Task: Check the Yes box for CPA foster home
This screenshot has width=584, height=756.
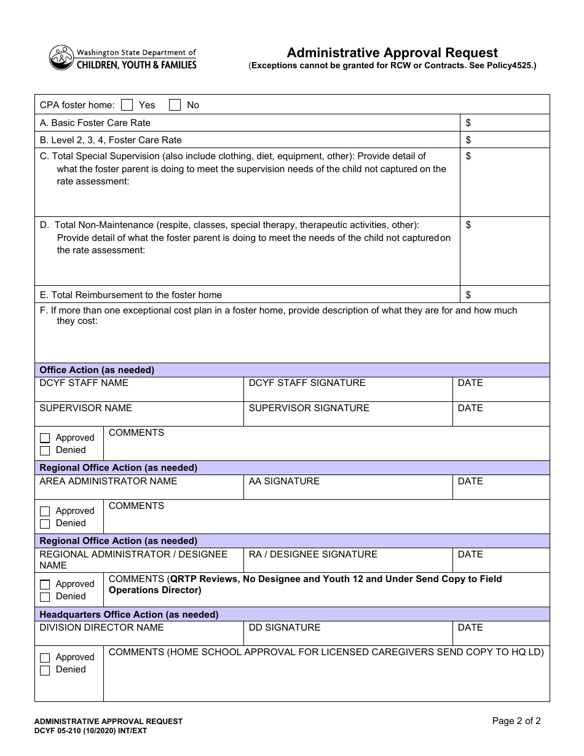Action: pos(127,104)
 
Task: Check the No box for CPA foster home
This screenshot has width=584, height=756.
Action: pos(175,104)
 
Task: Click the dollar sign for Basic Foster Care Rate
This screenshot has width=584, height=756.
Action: pos(468,123)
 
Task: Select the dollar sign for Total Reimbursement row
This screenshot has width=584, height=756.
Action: pos(468,295)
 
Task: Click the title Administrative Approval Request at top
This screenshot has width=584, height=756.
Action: pos(392,53)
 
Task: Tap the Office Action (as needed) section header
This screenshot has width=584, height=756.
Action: pos(97,370)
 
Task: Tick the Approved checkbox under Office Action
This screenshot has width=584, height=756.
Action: pos(45,438)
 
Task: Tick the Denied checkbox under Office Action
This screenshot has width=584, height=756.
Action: pos(45,451)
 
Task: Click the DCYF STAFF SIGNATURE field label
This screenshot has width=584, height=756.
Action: pos(307,383)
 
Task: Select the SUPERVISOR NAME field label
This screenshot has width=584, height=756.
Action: pos(85,408)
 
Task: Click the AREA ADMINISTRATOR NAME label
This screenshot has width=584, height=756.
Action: pos(108,481)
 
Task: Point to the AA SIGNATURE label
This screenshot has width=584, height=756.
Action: pos(284,481)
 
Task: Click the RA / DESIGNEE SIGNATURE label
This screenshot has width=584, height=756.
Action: pos(313,554)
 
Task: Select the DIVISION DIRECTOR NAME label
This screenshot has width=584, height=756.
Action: pos(101,628)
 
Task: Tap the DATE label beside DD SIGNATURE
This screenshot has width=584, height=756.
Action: pos(470,628)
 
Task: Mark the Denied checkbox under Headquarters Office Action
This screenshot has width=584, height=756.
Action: pos(45,670)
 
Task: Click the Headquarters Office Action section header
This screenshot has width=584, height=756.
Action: pos(129,615)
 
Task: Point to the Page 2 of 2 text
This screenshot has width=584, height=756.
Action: pos(516,721)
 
